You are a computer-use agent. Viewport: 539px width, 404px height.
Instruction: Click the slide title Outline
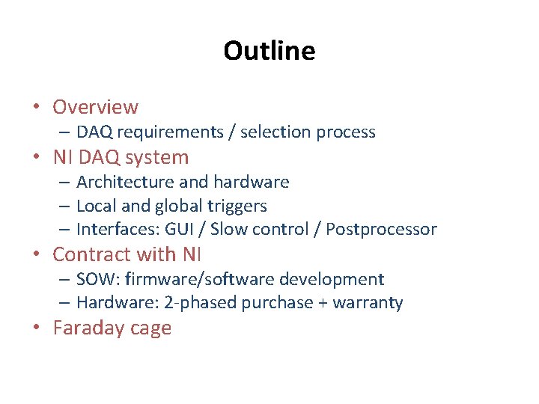[269, 51]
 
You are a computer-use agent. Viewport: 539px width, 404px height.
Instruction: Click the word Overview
[95, 107]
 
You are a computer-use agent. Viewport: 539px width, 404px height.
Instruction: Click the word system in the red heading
[157, 158]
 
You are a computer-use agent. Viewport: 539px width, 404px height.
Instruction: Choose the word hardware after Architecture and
[251, 182]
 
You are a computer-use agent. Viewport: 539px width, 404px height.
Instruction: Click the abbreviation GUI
[182, 229]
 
